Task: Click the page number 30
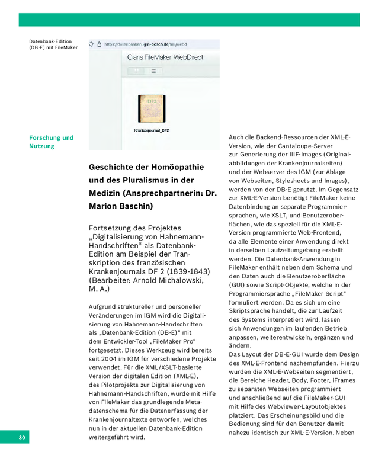(x=22, y=438)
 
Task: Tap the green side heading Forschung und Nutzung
(x=52, y=142)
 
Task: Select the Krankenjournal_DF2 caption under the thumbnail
(x=152, y=130)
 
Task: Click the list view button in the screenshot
(x=153, y=71)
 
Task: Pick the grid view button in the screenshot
(x=136, y=71)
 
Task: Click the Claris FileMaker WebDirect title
(x=165, y=57)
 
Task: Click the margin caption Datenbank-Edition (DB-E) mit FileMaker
(x=53, y=44)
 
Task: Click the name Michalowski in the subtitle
(x=180, y=280)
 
